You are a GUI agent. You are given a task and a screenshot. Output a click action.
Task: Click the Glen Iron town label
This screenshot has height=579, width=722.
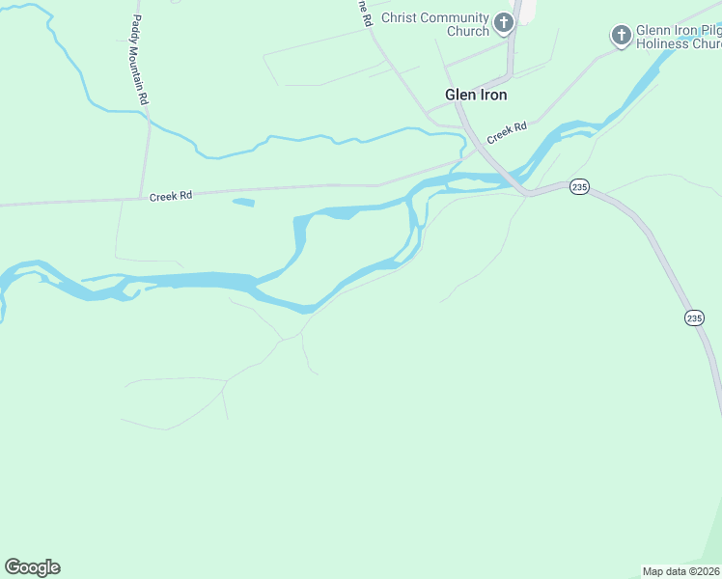[x=475, y=95]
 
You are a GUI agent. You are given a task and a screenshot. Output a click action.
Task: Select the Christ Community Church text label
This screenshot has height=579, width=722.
[x=435, y=24]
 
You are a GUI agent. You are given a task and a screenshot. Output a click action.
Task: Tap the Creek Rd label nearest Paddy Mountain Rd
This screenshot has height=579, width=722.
[x=171, y=196]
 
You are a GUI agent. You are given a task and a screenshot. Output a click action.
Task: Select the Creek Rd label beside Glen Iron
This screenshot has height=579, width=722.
[x=507, y=132]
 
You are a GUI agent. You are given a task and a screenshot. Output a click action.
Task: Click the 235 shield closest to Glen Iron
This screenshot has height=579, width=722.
[x=578, y=187]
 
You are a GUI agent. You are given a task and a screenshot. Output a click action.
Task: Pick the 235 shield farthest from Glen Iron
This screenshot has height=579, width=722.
[x=695, y=317]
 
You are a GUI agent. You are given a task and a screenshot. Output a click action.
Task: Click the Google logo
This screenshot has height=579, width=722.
[x=32, y=567]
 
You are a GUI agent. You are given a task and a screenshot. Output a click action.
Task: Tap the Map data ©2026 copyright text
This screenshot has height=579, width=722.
[x=680, y=571]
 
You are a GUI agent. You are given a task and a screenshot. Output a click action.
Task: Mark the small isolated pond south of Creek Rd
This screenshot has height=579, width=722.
[x=243, y=202]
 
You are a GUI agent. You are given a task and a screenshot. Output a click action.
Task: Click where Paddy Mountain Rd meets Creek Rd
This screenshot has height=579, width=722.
[x=142, y=195]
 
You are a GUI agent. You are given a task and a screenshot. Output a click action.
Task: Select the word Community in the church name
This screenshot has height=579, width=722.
[x=454, y=18]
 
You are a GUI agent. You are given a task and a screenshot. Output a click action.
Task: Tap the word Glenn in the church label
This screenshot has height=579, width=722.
[x=653, y=30]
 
